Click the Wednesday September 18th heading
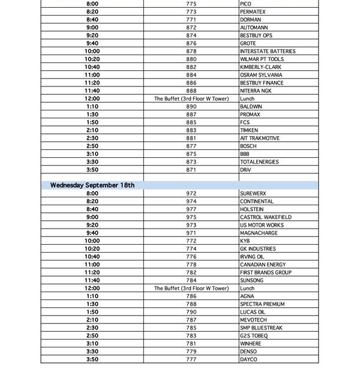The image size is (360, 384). point(92,185)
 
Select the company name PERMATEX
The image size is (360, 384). point(253,12)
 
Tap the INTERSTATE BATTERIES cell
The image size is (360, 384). point(267,52)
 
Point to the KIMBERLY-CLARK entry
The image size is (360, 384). point(260,67)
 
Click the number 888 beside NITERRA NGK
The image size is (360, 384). point(191,91)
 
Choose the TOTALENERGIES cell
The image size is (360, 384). point(259,162)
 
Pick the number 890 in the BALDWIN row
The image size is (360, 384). point(191,107)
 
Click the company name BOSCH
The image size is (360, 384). point(248,146)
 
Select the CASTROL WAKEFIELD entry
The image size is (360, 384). point(266,217)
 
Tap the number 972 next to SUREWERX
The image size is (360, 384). point(191,194)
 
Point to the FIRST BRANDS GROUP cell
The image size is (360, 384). point(266,272)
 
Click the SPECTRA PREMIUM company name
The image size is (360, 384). point(262,304)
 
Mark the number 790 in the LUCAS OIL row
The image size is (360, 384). point(191,312)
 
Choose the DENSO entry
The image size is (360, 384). point(248,352)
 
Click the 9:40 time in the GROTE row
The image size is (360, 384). point(92,43)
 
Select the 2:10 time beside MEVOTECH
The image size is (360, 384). point(92,320)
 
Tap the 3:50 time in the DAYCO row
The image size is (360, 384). point(92,359)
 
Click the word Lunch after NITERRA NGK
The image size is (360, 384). point(247,99)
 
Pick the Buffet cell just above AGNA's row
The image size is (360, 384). point(191,289)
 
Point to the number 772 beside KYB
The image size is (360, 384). point(191,241)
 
